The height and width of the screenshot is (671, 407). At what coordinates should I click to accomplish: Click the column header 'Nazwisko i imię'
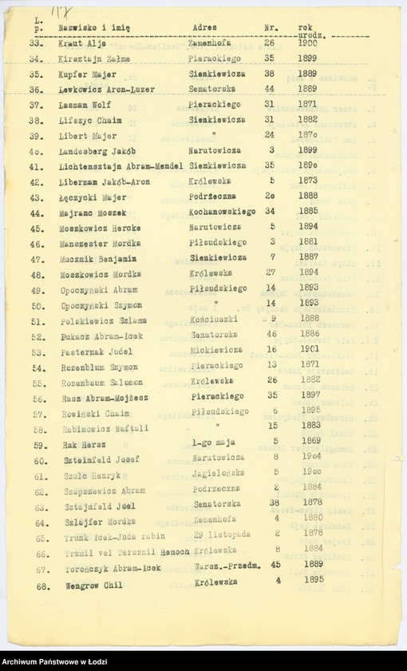coord(94,27)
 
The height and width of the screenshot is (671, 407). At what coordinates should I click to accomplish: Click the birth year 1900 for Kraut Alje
coord(307,43)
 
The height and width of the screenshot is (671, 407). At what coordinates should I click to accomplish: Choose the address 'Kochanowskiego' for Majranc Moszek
coord(223,212)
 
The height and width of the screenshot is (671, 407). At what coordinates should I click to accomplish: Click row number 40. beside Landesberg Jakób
coord(36,150)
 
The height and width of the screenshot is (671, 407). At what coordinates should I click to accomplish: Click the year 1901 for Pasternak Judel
coord(309,349)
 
